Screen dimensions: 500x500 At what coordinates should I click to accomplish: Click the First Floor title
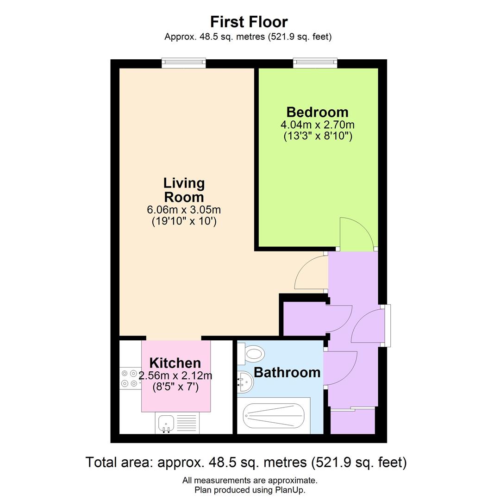tap(249, 22)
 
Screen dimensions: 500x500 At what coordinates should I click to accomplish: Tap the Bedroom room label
tap(317, 112)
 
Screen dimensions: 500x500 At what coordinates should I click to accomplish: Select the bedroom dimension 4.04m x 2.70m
tap(317, 125)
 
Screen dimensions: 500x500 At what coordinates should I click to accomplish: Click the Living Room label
tap(184, 190)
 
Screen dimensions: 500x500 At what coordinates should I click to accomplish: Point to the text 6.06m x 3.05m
tap(184, 210)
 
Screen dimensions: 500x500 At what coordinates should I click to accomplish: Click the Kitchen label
tap(175, 363)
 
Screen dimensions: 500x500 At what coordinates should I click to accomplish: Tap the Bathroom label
tap(287, 372)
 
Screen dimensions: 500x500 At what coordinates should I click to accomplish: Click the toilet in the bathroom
tap(252, 355)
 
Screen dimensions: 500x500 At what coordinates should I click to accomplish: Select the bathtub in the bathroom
tap(274, 416)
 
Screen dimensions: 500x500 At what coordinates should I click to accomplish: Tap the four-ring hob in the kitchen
tap(130, 378)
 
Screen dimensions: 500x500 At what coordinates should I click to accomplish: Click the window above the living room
tap(183, 63)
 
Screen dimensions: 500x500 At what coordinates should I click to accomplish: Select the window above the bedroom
tap(315, 63)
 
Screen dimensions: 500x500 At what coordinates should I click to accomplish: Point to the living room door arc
tap(310, 273)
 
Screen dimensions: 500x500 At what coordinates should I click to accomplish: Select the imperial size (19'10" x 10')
tap(184, 221)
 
